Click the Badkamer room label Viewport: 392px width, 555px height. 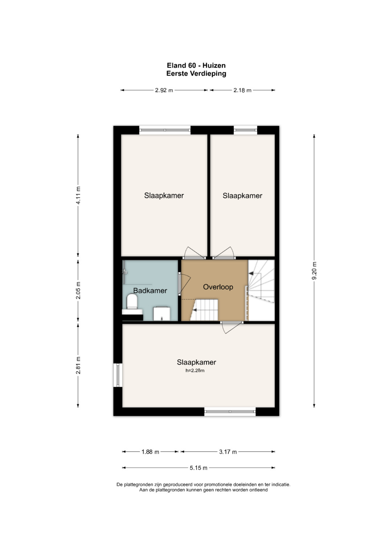coord(150,290)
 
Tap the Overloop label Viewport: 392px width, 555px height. coord(218,287)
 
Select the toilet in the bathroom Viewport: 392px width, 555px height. coord(132,302)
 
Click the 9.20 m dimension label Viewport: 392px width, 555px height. coord(314,270)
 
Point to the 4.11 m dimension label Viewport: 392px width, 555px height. coord(78,195)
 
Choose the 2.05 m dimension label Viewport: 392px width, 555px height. coord(78,290)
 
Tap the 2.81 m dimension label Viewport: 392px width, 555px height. coord(78,365)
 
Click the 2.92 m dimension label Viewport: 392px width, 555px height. coord(164,90)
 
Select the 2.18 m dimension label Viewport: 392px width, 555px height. coord(242,90)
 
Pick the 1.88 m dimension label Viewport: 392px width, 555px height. coord(150,452)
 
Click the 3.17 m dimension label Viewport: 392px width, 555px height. coord(228,452)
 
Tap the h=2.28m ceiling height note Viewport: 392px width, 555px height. coord(195,371)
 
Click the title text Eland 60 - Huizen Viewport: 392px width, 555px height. coord(196,65)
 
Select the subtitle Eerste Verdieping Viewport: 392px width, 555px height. coord(196,73)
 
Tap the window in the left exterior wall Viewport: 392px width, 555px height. coord(118,375)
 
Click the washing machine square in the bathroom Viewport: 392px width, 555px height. coord(162,314)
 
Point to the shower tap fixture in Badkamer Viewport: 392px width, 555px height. coord(125,271)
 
